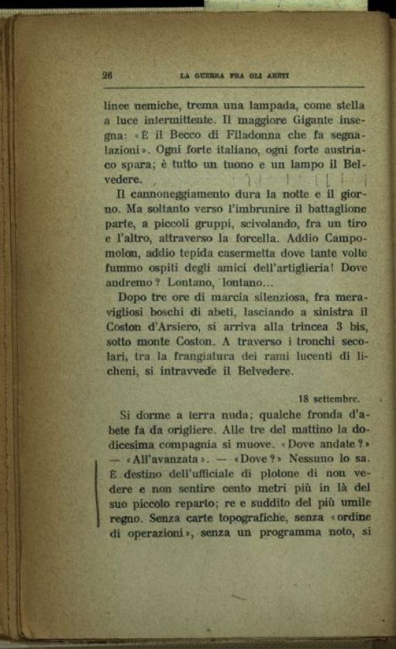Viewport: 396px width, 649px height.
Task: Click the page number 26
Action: coord(107,76)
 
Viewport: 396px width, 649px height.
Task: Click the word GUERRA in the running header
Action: coord(208,76)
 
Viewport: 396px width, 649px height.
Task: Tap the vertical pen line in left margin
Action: coord(97,493)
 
